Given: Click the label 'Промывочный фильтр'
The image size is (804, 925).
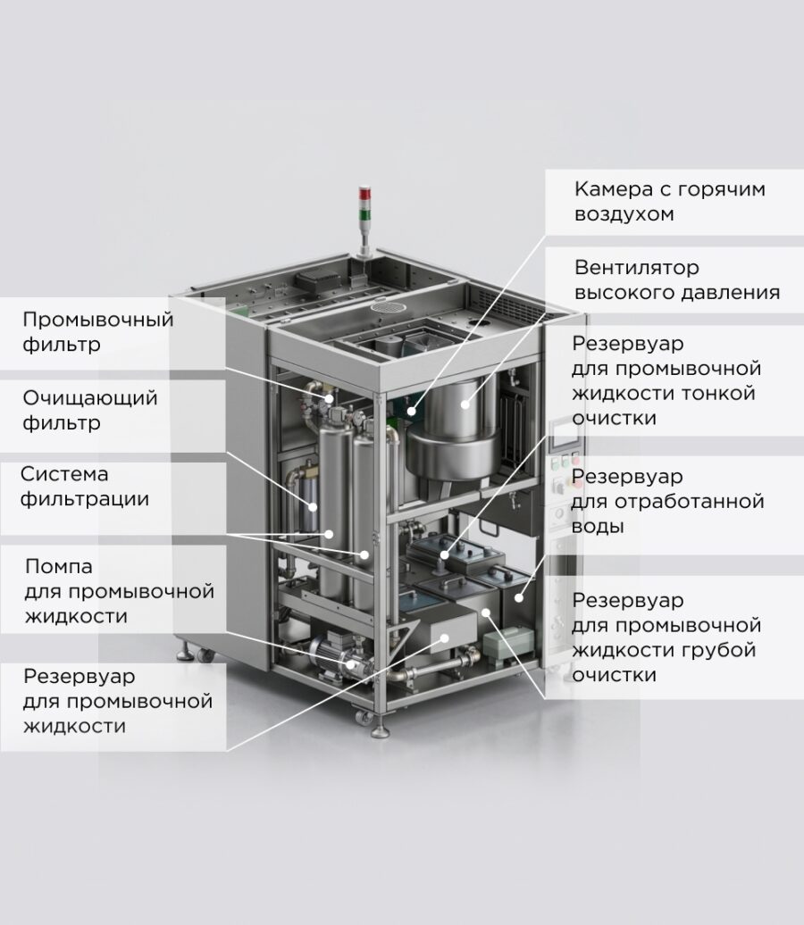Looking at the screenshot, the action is coord(98,331).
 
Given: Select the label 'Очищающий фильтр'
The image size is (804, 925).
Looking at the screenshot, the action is coord(90,410).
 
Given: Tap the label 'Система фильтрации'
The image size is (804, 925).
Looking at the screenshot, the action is coord(84,486).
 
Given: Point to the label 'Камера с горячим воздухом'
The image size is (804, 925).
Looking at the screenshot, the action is coord(670,201).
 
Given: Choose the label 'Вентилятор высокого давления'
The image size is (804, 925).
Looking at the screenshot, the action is coord(678,279).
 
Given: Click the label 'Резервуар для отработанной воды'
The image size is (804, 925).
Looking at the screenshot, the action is coord(667,501).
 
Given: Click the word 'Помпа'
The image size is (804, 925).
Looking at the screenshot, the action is coord(59,566).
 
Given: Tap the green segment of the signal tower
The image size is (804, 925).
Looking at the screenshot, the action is coord(364,212).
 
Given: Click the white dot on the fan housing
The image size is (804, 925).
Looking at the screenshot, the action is coord(465,404).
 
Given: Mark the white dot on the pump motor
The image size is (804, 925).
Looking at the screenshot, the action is coord(351,664).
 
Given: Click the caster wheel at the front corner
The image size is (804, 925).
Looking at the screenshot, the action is coord(364,716).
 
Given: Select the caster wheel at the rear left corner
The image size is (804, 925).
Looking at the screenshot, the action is coord(205,654).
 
